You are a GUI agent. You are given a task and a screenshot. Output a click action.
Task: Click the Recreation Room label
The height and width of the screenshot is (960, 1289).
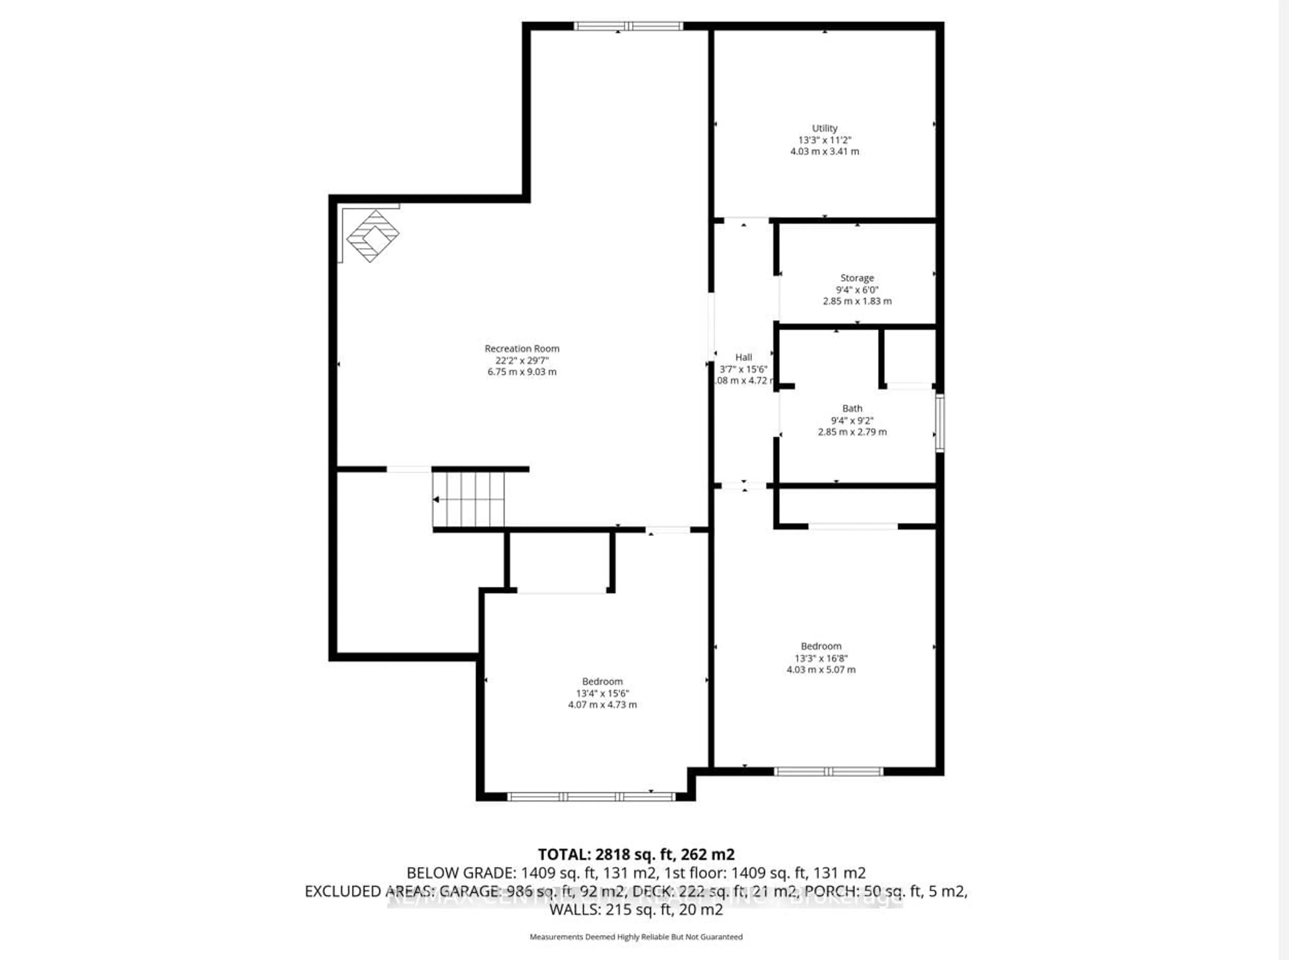(522, 349)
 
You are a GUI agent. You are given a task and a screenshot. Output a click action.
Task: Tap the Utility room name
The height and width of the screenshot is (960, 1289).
(824, 128)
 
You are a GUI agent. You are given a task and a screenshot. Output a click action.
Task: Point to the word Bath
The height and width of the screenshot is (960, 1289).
(852, 409)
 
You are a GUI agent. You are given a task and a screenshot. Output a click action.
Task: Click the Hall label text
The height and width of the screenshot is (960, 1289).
(744, 357)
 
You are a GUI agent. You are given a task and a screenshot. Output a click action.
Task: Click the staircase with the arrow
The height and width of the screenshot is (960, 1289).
(468, 499)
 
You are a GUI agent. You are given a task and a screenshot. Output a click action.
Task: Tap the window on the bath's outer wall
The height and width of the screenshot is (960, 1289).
(939, 422)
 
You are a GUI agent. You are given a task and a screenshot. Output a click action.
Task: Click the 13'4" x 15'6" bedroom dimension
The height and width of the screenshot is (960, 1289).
(603, 693)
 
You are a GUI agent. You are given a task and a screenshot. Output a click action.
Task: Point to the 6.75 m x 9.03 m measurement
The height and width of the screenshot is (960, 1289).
(522, 372)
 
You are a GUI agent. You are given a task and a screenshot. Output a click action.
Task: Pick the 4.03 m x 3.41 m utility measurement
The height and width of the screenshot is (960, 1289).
(824, 152)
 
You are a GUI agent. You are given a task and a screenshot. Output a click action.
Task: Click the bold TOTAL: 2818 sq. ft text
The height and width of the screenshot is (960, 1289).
(636, 854)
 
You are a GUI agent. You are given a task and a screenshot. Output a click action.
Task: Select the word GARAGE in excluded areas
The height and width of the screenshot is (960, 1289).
(469, 892)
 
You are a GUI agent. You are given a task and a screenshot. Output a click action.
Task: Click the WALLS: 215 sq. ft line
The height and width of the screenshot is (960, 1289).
(636, 909)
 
